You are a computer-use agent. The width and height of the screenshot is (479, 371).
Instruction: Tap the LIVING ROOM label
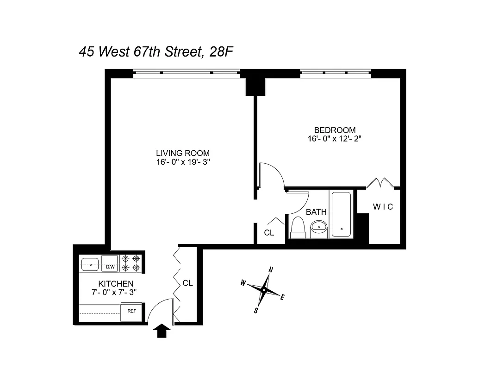point(182,153)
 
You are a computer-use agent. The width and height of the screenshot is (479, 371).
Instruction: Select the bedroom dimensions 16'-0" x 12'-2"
point(335,139)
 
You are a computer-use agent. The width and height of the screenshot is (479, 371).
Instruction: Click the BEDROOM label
point(335,130)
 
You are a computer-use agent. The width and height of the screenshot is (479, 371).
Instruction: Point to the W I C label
point(383,207)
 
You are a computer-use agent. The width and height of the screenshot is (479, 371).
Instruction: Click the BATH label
point(316,212)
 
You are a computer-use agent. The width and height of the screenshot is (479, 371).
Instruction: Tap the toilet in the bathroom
point(298,227)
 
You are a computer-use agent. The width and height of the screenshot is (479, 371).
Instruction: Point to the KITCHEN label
point(116,284)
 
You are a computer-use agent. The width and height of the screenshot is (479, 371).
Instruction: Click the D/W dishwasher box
point(110,267)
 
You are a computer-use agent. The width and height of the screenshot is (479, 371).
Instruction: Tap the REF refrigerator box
point(131,311)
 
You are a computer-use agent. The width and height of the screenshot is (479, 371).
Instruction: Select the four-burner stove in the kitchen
point(131,263)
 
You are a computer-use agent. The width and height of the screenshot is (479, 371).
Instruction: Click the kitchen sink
point(90,264)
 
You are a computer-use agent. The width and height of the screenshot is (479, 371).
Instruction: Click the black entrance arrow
point(162,331)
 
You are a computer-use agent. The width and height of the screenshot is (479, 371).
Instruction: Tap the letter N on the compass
point(272,269)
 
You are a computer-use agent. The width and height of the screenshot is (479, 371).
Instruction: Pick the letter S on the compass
point(255,311)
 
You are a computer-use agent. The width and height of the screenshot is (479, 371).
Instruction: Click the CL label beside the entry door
point(187,282)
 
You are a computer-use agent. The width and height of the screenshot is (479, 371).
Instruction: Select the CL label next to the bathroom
point(269,233)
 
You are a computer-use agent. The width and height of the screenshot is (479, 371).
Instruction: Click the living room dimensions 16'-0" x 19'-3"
point(182,162)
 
